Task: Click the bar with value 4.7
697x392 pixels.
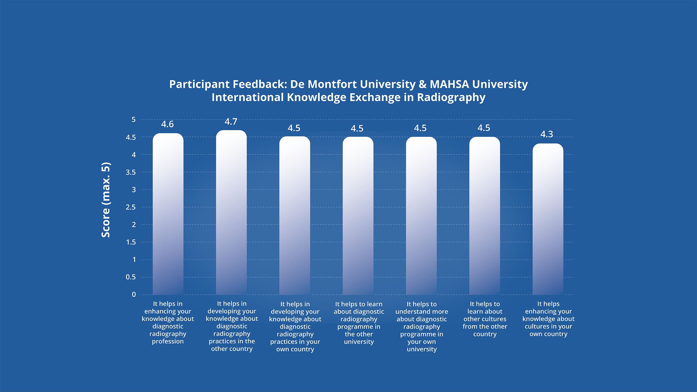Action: [231, 212]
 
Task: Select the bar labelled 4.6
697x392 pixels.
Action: [168, 214]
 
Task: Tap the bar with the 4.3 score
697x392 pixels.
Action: [548, 219]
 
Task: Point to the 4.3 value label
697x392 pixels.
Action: [547, 134]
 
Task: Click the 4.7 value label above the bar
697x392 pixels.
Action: [231, 122]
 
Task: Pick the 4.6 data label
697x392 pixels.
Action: [167, 124]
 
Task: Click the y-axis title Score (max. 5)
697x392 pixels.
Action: [106, 200]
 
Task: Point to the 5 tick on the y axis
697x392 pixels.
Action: [133, 120]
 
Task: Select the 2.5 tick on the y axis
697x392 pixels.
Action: [131, 207]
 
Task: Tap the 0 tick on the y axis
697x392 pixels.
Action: [134, 295]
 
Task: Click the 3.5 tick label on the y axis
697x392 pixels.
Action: [131, 172]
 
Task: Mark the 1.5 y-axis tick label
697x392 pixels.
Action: [131, 242]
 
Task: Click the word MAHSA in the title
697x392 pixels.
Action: [449, 84]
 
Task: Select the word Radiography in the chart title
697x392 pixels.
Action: [451, 97]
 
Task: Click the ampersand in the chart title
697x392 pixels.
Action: [423, 84]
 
